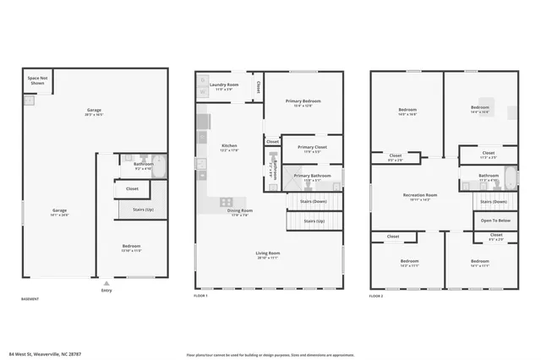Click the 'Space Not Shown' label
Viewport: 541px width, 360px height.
37,81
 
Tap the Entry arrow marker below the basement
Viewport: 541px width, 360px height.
106,284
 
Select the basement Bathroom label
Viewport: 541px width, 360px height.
143,166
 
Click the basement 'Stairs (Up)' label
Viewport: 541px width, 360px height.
143,209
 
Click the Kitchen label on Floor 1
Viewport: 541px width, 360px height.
229,147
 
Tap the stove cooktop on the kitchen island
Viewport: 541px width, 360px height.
227,202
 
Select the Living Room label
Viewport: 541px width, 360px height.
268,254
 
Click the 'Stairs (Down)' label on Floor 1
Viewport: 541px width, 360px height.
313,201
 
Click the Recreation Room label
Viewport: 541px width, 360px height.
419,197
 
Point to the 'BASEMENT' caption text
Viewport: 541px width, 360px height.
30,298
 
